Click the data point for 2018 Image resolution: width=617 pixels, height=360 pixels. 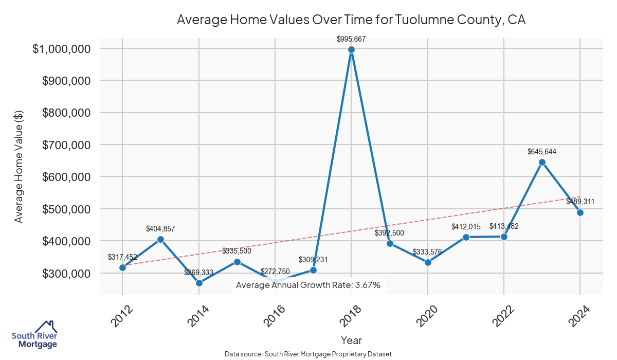[351, 49]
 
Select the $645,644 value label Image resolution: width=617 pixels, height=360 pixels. [542, 152]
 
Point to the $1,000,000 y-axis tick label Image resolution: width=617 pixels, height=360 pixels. [69, 49]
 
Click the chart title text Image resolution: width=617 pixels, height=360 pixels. [351, 20]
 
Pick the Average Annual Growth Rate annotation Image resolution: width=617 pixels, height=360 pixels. [308, 285]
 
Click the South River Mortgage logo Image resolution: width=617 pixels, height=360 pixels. [34, 334]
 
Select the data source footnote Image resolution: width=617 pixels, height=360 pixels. [308, 354]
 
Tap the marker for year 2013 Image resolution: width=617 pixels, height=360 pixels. [160, 239]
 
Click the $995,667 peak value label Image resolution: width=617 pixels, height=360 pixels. [351, 39]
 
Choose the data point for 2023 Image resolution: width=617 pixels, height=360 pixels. [542, 162]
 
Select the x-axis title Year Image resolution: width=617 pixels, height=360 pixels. [351, 340]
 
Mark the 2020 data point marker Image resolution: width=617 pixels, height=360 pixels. [428, 262]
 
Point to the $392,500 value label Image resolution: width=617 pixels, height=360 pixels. [389, 232]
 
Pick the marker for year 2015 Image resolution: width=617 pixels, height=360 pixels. [237, 262]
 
